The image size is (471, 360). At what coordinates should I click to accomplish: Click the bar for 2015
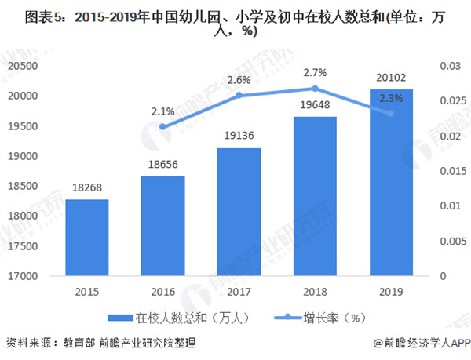[86, 238]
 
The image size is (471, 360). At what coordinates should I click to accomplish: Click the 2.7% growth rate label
[314, 72]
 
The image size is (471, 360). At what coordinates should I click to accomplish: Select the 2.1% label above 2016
[162, 111]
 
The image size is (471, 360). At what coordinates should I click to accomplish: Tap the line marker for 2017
[239, 96]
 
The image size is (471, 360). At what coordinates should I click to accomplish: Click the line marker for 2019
[391, 113]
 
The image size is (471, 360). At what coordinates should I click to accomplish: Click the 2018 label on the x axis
[315, 292]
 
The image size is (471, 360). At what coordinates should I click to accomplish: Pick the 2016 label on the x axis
[163, 292]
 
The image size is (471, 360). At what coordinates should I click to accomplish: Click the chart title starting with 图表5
[235, 22]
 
